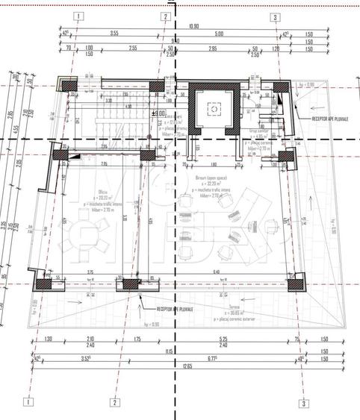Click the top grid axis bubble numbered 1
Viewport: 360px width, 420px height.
tap(80, 16)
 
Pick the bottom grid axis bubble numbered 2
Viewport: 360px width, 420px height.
tap(115, 403)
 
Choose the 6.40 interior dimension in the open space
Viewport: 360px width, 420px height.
tap(216, 272)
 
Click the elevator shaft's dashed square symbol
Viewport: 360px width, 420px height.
tap(214, 109)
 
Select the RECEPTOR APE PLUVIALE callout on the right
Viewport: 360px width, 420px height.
tap(329, 117)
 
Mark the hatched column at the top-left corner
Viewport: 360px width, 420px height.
tap(69, 86)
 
